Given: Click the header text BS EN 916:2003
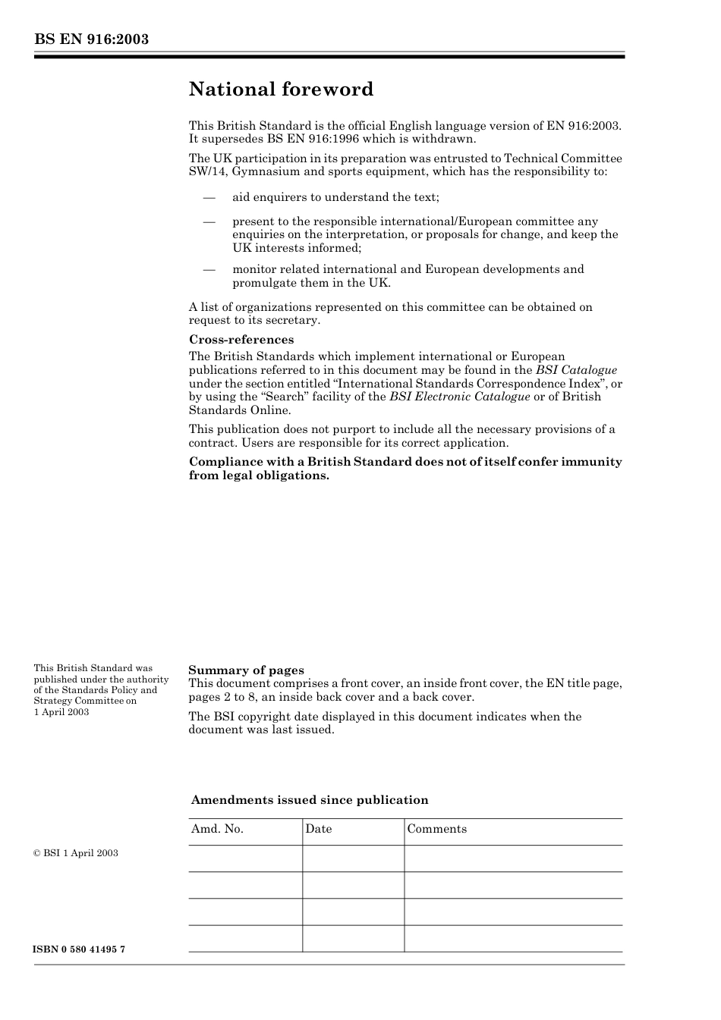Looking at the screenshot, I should coord(91,39).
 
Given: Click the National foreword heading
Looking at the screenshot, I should coord(281,89).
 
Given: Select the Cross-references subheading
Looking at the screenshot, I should coord(241,340).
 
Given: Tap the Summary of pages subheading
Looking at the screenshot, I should coord(246,670).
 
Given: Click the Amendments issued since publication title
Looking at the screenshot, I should coord(310,800).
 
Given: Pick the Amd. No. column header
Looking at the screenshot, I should coord(217,829).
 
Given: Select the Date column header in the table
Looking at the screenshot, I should coord(319,829).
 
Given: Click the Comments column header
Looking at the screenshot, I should coord(437,829).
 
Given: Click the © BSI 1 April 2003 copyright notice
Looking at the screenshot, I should coord(76,853).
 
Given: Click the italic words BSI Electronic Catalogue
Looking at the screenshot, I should coord(460,397).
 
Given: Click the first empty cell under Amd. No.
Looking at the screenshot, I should coord(245,858).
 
